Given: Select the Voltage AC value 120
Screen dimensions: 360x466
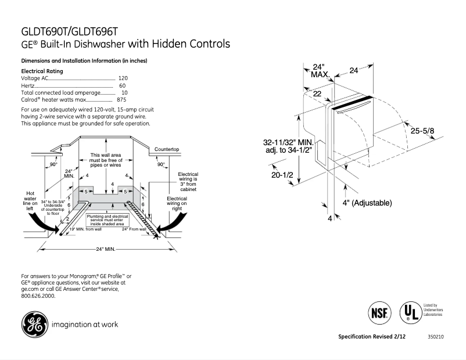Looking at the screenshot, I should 123,78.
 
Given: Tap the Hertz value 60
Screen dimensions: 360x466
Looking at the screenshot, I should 123,85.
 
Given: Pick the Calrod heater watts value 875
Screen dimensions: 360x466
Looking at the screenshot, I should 121,100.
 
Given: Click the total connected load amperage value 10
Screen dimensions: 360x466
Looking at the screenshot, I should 124,93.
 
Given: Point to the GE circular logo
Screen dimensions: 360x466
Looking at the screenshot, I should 34,325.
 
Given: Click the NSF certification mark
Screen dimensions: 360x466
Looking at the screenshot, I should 378,314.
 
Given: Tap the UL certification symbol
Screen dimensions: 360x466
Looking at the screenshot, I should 410,314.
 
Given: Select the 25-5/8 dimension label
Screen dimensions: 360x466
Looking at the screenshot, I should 422,131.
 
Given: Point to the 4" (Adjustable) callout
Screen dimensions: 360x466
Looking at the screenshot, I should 367,203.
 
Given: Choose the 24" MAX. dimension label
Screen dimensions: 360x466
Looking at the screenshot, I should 318,70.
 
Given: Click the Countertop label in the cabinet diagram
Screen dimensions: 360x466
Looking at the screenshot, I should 166,149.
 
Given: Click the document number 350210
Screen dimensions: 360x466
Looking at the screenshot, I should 435,337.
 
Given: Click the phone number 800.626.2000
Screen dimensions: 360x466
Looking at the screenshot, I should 38,296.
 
